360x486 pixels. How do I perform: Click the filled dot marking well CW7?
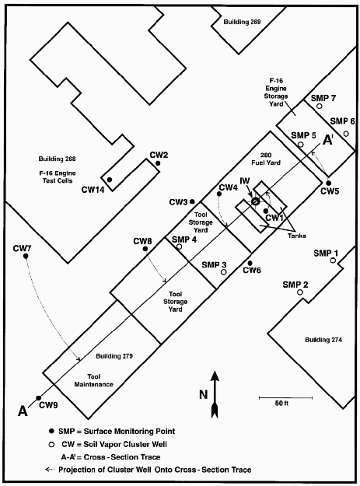click(x=26, y=256)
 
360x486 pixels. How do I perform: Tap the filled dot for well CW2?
click(x=158, y=163)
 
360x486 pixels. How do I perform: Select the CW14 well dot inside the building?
click(x=110, y=180)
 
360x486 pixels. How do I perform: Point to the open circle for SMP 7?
click(x=320, y=106)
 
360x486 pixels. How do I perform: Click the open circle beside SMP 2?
click(x=300, y=292)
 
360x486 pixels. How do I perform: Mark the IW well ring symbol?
click(x=255, y=201)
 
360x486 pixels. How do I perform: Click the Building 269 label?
click(x=242, y=22)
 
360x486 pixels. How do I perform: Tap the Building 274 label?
click(x=323, y=340)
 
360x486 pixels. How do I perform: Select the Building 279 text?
click(x=114, y=356)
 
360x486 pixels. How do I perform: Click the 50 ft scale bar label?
click(x=281, y=404)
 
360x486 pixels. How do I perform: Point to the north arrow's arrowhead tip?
click(x=215, y=371)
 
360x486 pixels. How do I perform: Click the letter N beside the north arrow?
click(x=203, y=394)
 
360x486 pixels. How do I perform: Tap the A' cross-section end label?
click(x=328, y=140)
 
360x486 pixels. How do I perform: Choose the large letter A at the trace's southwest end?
click(x=23, y=411)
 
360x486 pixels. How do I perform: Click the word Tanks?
click(x=297, y=236)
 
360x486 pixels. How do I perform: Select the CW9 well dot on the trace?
click(x=38, y=397)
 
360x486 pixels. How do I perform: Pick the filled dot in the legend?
click(x=52, y=431)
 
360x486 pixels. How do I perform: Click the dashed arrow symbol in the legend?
click(x=51, y=470)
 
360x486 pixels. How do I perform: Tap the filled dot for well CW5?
click(x=328, y=183)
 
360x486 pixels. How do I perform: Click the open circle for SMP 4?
click(x=179, y=246)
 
